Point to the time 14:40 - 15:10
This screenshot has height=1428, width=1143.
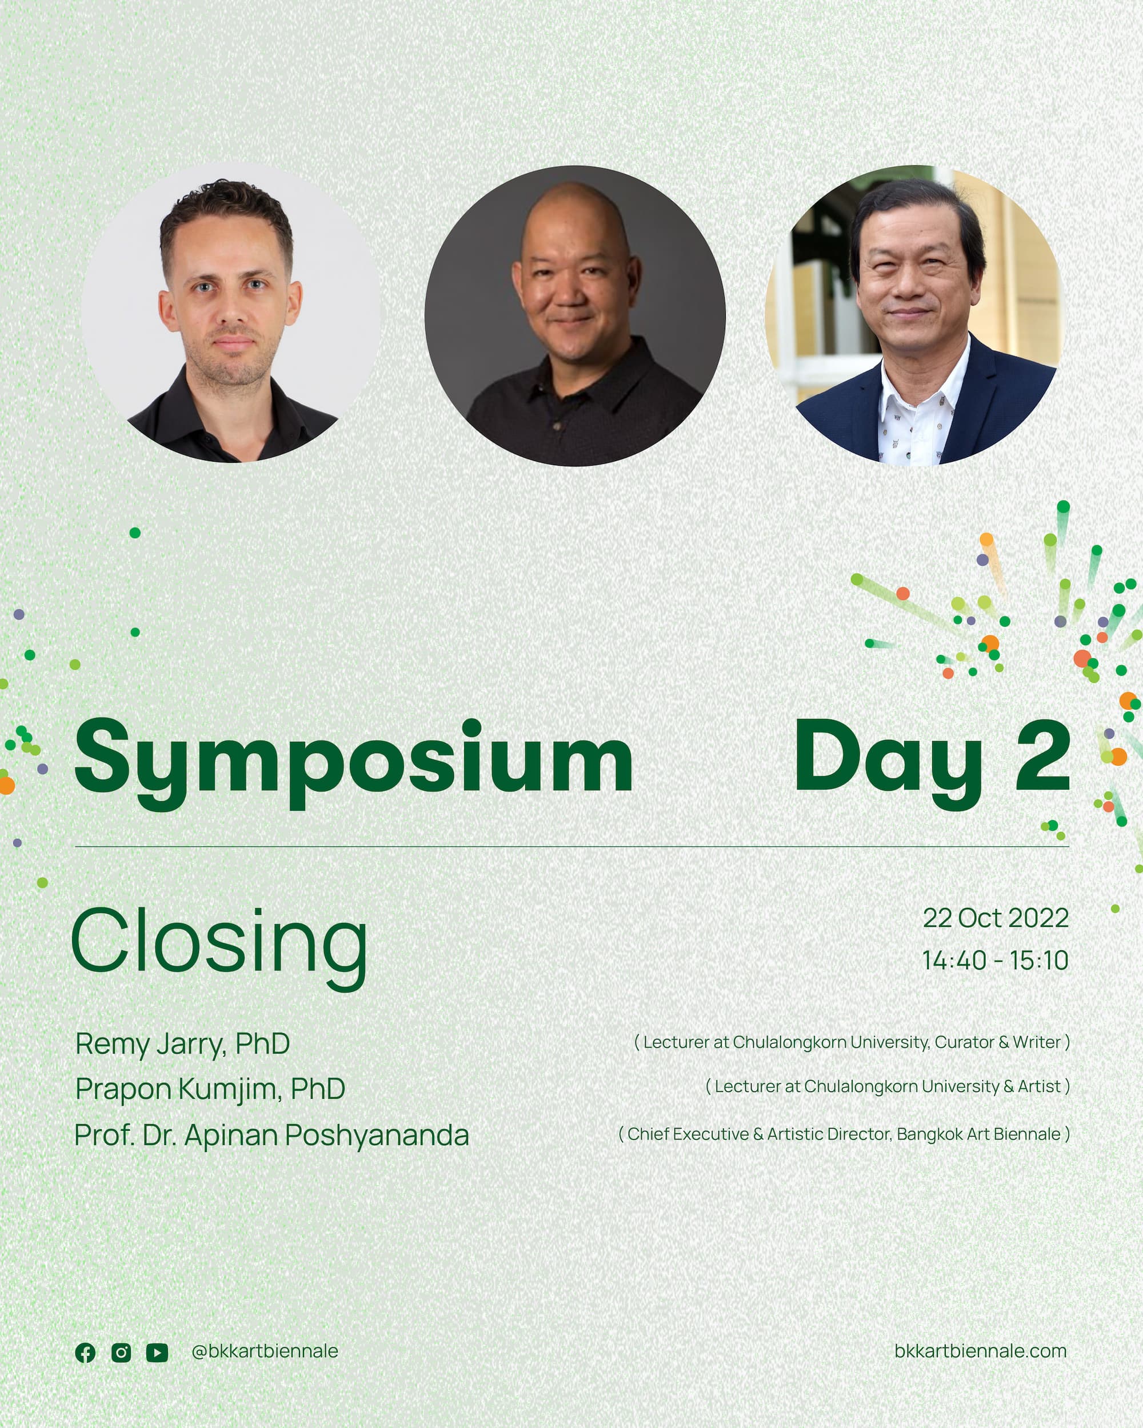point(995,961)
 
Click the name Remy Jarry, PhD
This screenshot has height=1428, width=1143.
point(183,1045)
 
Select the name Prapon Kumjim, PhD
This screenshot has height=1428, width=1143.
point(210,1089)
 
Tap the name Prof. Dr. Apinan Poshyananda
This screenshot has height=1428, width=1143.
point(271,1135)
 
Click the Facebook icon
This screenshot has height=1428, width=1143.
point(86,1353)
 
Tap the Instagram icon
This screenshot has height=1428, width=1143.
point(121,1353)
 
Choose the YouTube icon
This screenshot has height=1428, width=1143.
point(157,1353)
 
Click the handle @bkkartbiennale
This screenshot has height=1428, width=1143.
point(265,1351)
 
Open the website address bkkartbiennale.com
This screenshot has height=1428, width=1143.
point(981,1351)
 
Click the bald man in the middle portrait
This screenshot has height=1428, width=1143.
point(575,316)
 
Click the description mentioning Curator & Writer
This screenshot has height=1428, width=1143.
point(852,1042)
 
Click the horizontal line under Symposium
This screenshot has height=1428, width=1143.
point(572,846)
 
